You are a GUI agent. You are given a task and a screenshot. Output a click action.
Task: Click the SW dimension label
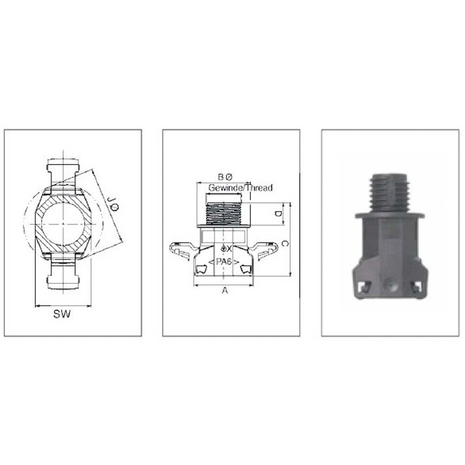(x=62, y=314)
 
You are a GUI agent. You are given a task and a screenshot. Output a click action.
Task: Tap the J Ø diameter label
(x=113, y=204)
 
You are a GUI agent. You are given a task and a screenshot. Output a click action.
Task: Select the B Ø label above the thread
(x=226, y=177)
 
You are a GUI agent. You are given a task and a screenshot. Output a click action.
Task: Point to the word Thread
(x=259, y=188)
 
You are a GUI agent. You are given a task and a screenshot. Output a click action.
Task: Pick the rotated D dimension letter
(x=278, y=214)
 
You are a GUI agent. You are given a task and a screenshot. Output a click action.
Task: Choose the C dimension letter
(x=285, y=244)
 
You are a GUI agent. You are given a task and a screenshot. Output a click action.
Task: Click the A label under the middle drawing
(x=225, y=290)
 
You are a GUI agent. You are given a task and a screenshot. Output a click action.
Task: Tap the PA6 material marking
(x=224, y=262)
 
